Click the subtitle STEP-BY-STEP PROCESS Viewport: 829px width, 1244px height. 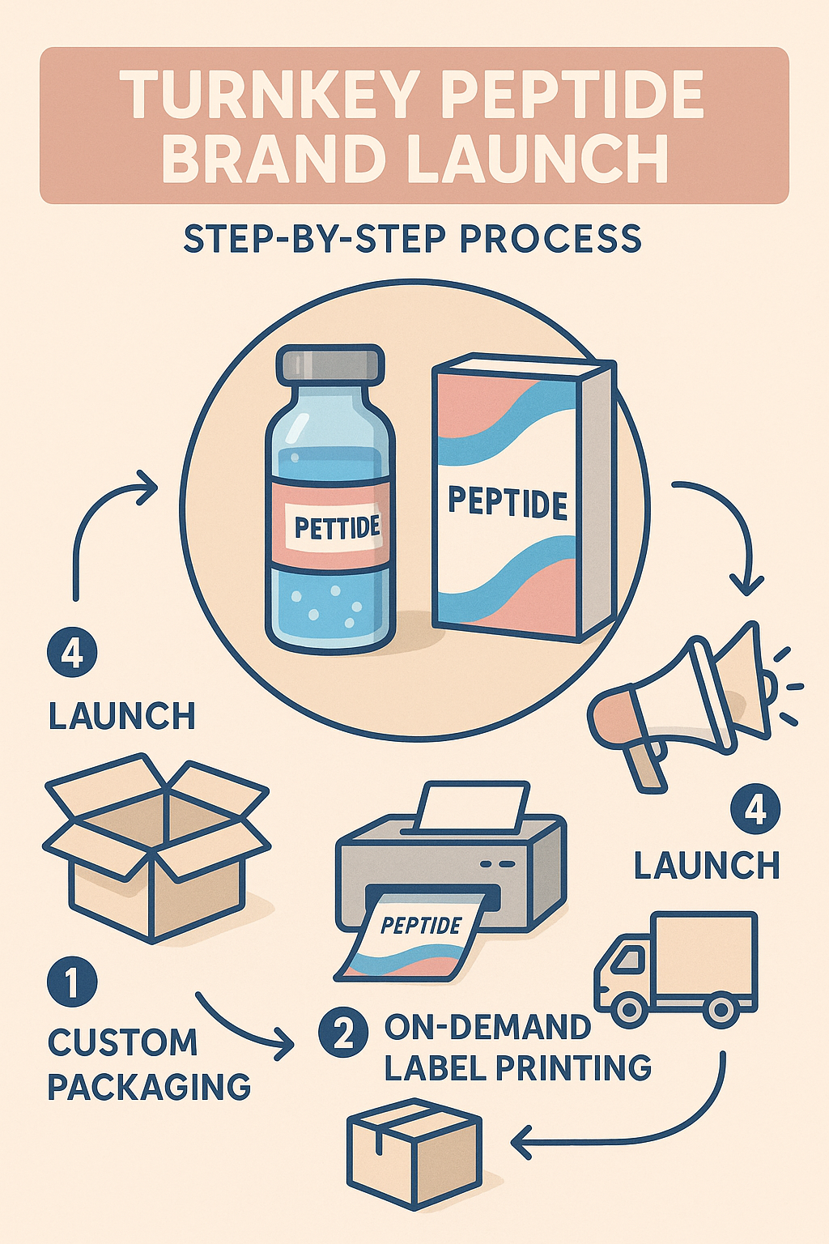click(x=413, y=239)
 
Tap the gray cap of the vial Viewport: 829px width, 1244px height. click(x=329, y=364)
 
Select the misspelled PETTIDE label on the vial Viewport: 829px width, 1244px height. click(x=337, y=528)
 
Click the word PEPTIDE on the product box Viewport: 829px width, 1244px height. click(x=508, y=502)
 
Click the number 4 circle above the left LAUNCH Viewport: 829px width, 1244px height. click(x=72, y=653)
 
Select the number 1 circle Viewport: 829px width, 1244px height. click(x=72, y=982)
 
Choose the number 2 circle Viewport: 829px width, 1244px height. click(x=344, y=1033)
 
